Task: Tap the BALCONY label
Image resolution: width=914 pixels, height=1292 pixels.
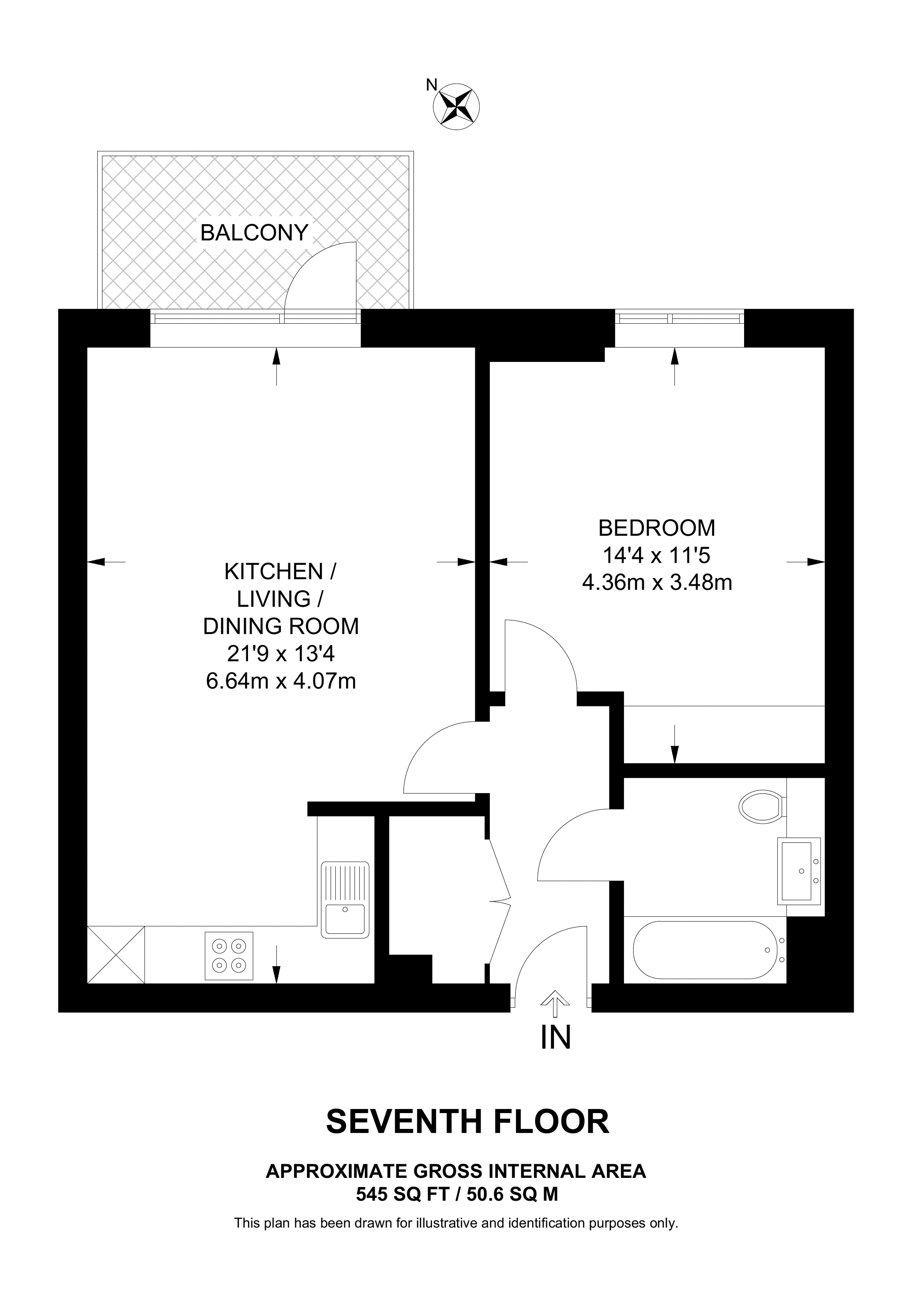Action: (255, 232)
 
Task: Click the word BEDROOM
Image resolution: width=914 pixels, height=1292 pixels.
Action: (657, 528)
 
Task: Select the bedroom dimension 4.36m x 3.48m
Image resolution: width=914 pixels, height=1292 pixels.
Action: (657, 582)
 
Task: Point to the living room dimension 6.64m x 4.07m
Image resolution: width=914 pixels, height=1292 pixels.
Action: (281, 681)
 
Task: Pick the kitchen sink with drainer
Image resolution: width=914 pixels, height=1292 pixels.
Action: (345, 899)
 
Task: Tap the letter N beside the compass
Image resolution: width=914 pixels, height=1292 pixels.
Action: (431, 85)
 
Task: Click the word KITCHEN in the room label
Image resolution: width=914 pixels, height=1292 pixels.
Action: (274, 572)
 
